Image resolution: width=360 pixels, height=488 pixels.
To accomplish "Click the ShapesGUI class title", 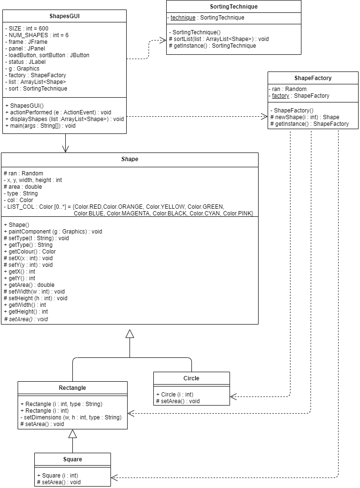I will (65, 16).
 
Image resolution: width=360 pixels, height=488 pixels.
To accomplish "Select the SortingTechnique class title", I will (234, 7).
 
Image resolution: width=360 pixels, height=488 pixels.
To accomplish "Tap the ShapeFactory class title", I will (313, 78).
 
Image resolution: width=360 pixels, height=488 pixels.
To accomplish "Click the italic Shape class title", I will (130, 159).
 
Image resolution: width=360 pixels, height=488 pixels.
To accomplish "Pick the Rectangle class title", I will (72, 388).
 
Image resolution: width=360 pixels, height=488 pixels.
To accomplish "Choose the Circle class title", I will (191, 378).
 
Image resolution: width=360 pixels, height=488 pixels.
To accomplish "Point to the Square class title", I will (72, 459).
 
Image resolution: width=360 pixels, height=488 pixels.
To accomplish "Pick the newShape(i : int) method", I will (305, 117).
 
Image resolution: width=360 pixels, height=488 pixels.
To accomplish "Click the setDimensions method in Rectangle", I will (70, 417).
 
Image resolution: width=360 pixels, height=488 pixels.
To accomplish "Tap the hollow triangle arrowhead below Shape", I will (130, 334).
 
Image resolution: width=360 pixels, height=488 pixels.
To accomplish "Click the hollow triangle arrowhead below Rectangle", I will (72, 434).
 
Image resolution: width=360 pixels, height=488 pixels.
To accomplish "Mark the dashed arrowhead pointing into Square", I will (115, 477).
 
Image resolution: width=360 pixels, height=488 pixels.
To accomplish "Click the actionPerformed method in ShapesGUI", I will (57, 112).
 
